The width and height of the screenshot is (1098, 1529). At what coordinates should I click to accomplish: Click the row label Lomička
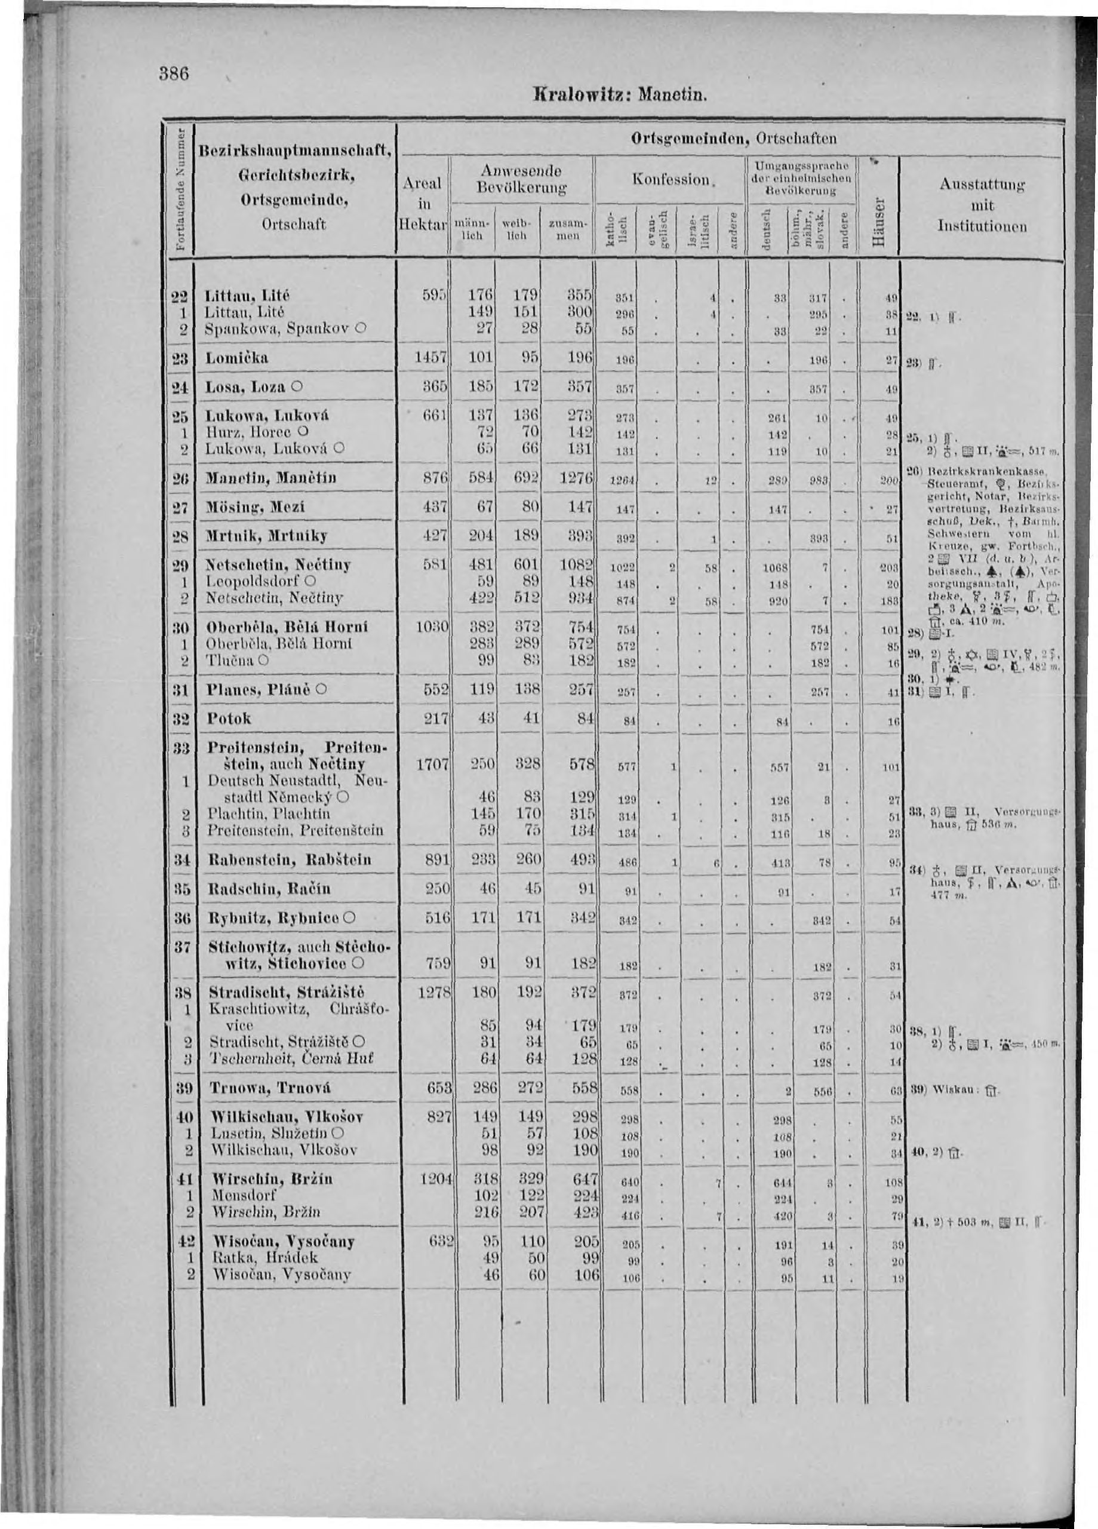(x=238, y=358)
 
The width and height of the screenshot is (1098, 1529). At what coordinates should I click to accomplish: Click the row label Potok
(x=229, y=719)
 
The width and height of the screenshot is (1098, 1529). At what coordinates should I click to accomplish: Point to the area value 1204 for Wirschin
(x=430, y=1180)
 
